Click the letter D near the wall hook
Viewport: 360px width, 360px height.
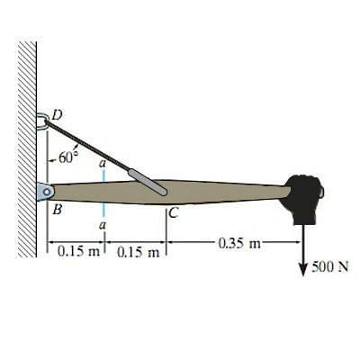coord(57,114)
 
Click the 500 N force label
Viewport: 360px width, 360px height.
coord(330,266)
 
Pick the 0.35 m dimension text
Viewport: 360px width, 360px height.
coord(239,243)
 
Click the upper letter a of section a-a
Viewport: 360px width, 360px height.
coord(103,164)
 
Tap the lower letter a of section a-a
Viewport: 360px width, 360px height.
coord(103,224)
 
